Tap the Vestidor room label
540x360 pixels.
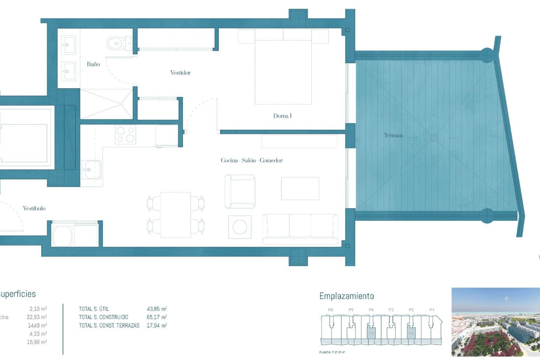180,73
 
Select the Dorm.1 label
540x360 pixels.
282,116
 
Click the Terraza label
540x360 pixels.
393,136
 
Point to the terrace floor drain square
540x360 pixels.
433,138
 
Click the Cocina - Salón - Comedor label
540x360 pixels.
251,161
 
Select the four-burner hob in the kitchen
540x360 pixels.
125,134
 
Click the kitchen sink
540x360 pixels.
91,170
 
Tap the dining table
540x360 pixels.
176,215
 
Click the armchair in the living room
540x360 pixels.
240,192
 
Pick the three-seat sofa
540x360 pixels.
300,229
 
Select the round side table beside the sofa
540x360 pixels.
240,227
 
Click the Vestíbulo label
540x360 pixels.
34,208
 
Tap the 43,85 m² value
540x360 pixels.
157,309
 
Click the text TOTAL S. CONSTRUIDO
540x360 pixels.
103,317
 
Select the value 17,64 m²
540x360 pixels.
157,326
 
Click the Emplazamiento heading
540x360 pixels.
346,296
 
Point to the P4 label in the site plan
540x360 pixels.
371,310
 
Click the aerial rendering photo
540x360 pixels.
496,322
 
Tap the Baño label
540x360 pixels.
93,64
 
